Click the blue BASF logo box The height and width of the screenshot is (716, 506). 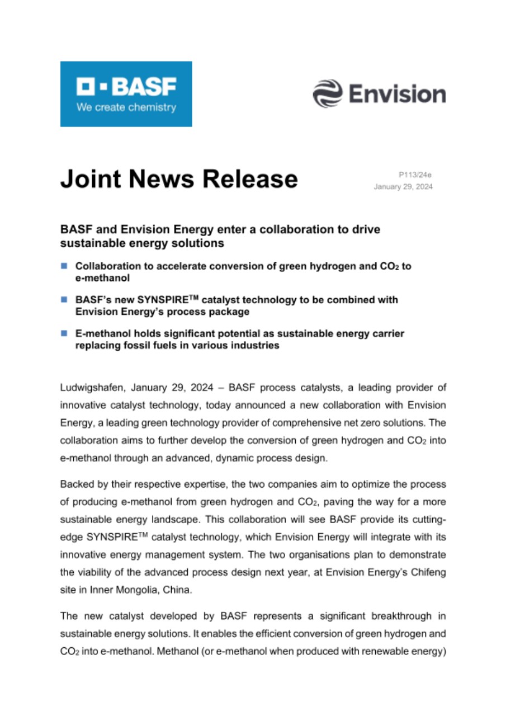pyautogui.click(x=126, y=93)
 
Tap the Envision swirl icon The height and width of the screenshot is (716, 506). pyautogui.click(x=327, y=93)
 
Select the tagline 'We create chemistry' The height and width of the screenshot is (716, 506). pyautogui.click(x=126, y=107)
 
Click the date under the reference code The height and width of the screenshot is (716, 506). pyautogui.click(x=403, y=187)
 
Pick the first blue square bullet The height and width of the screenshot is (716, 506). pyautogui.click(x=64, y=266)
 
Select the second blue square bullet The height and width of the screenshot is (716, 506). pyautogui.click(x=64, y=300)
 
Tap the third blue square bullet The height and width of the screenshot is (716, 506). pyautogui.click(x=64, y=333)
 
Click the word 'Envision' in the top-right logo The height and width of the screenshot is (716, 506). pyautogui.click(x=398, y=93)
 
